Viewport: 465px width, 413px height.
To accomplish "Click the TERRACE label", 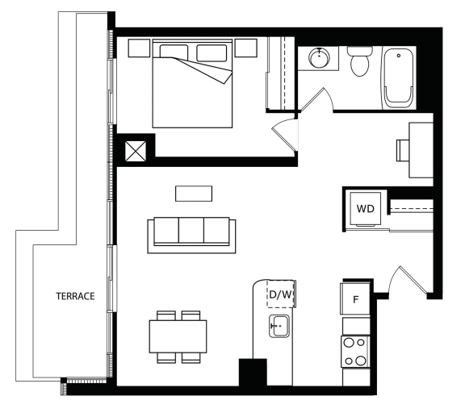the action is click(75, 296).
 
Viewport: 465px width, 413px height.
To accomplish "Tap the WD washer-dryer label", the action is click(366, 209).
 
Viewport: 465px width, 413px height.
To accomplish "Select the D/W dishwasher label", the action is click(281, 294).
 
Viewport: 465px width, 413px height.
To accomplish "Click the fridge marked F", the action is click(355, 298).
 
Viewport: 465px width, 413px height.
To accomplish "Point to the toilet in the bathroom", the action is click(360, 61).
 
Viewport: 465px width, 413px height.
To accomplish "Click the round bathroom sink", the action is click(319, 57).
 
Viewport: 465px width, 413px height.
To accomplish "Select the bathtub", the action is click(399, 77).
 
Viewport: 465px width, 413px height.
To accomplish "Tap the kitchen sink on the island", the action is click(279, 326).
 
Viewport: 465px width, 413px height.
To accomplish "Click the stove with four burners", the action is click(355, 352).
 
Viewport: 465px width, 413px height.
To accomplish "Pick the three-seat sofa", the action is click(191, 236).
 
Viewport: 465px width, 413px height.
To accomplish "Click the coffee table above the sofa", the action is click(194, 194).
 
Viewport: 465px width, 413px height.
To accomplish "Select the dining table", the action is click(178, 336).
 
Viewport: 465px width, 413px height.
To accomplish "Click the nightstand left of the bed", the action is click(139, 48).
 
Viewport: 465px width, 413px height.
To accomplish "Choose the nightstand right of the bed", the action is click(246, 48).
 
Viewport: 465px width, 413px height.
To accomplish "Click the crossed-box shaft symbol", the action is click(136, 152).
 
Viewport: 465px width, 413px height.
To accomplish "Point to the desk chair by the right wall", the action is click(403, 151).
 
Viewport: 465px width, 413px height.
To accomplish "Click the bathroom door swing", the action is click(317, 99).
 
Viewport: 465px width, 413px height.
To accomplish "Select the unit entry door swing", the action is click(409, 280).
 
